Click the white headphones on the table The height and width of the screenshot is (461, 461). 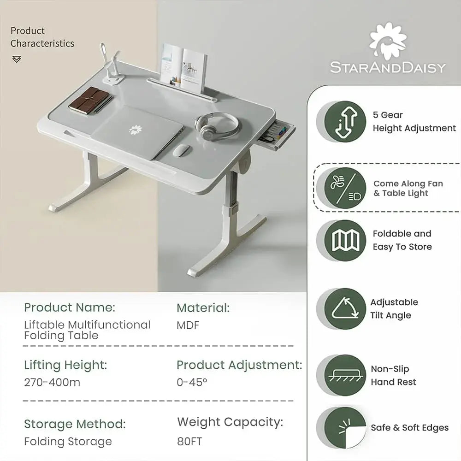point(217,124)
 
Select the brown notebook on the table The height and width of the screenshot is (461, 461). point(90,100)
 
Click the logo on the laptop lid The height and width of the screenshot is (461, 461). point(136,130)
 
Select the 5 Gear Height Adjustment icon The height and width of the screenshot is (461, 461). point(342,122)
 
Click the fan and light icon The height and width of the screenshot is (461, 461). point(342,188)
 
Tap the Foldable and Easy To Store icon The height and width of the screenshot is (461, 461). point(342,240)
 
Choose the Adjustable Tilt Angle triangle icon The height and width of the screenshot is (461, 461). point(342,309)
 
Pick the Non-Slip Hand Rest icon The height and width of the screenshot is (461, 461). point(342,375)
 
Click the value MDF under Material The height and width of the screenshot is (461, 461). point(188,325)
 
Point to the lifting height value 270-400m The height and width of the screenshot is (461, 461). point(52,382)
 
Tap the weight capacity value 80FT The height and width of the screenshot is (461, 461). point(189,441)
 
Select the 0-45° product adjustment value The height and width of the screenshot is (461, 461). point(192,382)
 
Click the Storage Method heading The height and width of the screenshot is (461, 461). point(75,424)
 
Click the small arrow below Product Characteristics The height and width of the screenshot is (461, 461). point(17,59)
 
